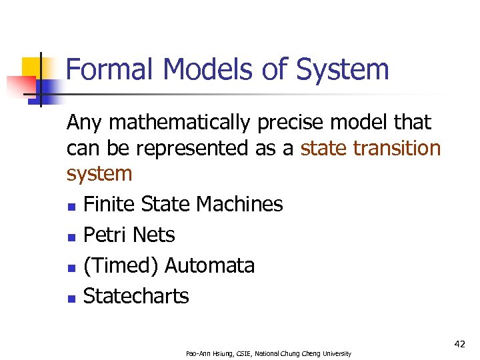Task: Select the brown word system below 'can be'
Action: [x=99, y=174]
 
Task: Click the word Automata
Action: [x=209, y=265]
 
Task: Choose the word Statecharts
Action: [x=136, y=296]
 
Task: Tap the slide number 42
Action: [x=459, y=343]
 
